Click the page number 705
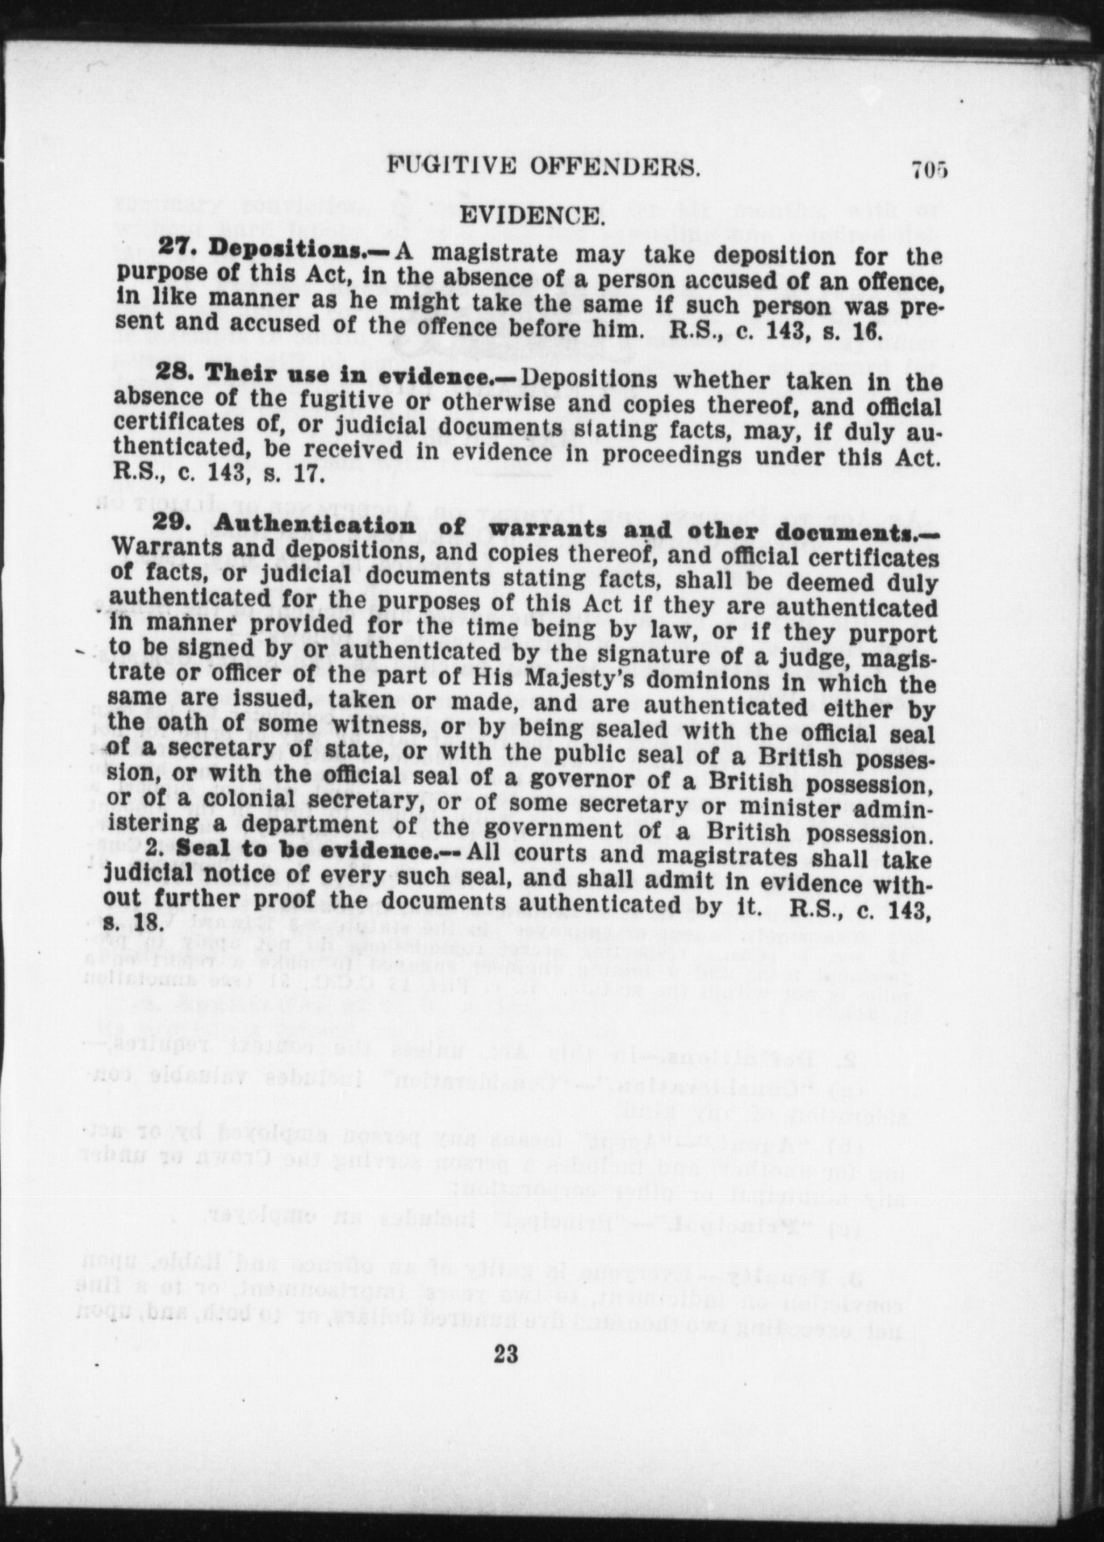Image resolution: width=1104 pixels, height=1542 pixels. [929, 170]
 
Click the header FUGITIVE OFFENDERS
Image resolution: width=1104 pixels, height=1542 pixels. [543, 167]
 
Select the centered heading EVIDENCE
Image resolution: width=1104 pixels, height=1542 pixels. [531, 216]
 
